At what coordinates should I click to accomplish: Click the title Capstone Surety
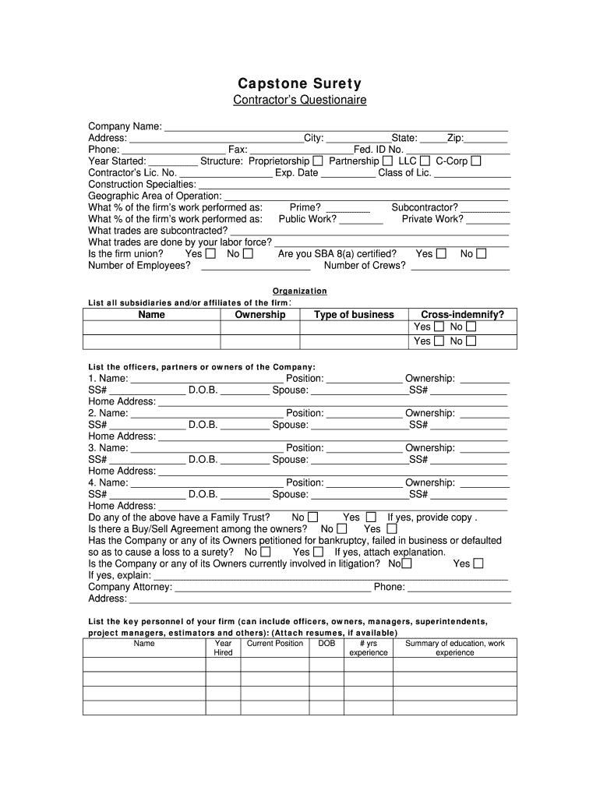click(x=300, y=83)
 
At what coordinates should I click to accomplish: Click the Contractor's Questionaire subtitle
click(x=300, y=101)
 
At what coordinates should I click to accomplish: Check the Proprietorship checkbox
click(x=318, y=161)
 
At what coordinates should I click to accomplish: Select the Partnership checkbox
click(x=387, y=161)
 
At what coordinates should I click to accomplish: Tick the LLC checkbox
click(x=425, y=161)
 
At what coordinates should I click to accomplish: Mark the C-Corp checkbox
click(x=476, y=161)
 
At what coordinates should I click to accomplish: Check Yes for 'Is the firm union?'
click(x=210, y=254)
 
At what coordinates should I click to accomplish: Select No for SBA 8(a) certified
click(x=482, y=254)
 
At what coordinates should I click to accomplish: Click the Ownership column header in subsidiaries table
click(x=260, y=315)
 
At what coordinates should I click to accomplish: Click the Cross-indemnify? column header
click(x=463, y=315)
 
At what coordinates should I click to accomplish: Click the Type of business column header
click(x=354, y=315)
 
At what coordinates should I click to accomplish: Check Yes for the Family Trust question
click(x=371, y=517)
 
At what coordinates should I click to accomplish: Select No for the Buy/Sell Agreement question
click(x=341, y=529)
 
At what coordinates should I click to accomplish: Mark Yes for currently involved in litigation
click(x=478, y=563)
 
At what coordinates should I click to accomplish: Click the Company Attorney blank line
click(x=273, y=588)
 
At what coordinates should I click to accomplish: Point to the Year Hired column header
click(x=223, y=648)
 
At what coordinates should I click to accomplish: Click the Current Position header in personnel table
click(x=275, y=644)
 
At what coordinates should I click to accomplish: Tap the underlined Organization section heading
click(x=300, y=291)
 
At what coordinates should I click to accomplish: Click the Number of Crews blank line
click(x=460, y=266)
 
